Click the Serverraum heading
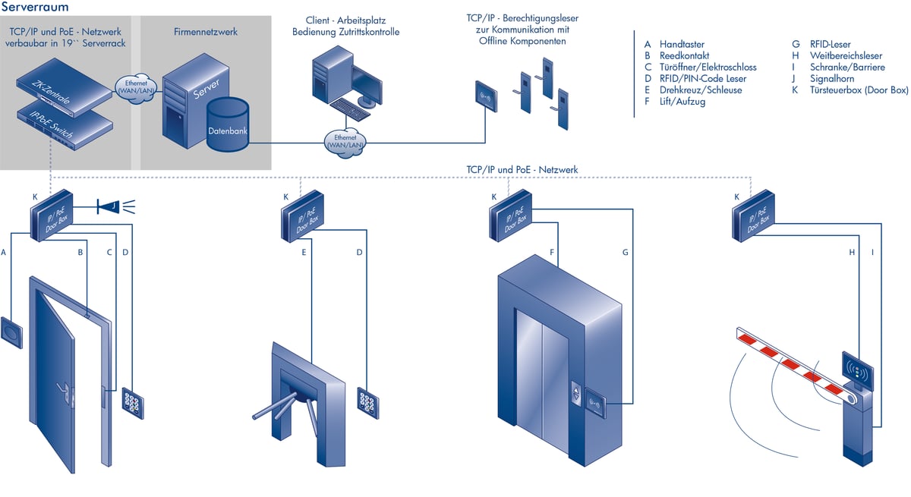point(36,7)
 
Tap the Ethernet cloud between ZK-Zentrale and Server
point(135,85)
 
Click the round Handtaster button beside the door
point(12,332)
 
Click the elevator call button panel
point(576,395)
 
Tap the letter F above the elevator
point(552,251)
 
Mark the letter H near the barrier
point(852,251)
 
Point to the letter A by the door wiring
point(5,251)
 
